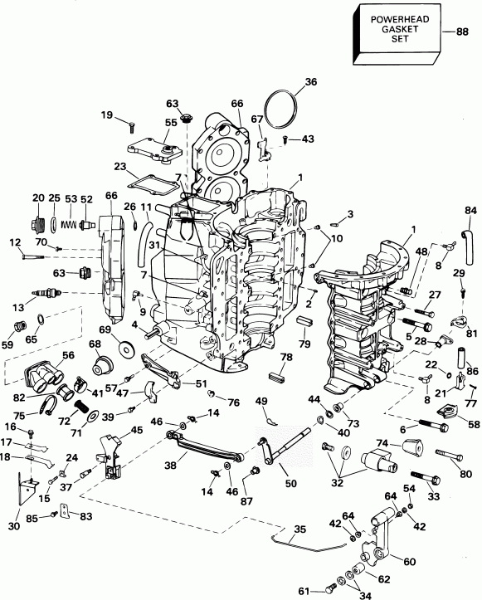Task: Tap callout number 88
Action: pos(462,32)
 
